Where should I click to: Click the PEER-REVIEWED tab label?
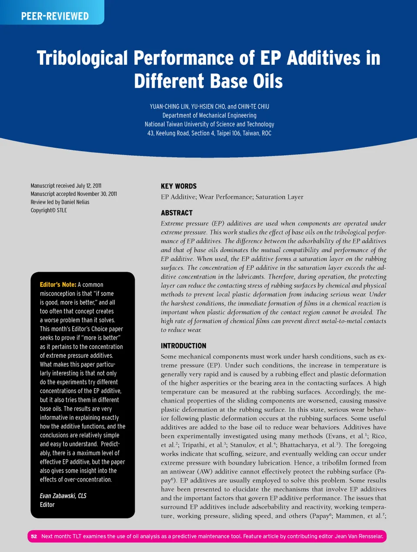click(55, 17)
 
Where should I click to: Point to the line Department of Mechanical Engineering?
click(209, 116)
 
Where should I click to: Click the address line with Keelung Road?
click(209, 133)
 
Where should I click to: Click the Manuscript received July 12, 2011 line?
click(66, 185)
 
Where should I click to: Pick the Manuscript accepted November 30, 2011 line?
click(74, 194)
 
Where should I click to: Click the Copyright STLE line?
click(49, 210)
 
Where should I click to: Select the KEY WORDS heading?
click(179, 186)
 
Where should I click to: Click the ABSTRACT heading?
click(176, 213)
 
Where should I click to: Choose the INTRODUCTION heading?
click(183, 346)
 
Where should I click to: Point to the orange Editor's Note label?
click(58, 285)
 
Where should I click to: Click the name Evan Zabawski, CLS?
click(63, 496)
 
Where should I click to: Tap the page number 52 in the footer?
click(34, 536)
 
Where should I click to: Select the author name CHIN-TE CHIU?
click(254, 106)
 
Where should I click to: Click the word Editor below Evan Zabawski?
click(47, 505)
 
